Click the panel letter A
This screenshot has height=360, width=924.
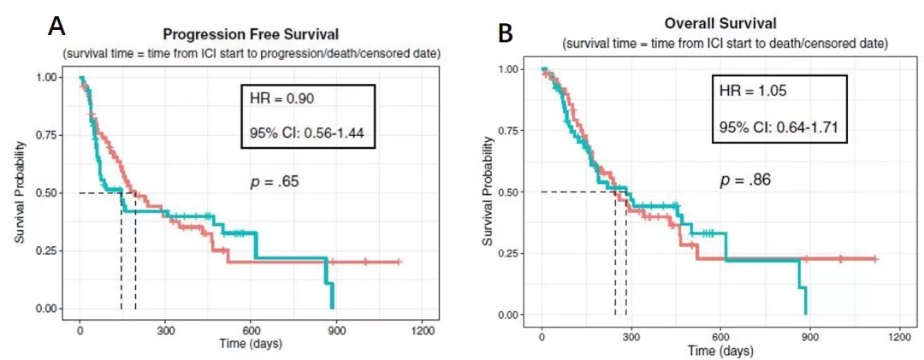pos(56,26)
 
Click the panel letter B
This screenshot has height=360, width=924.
pos(506,33)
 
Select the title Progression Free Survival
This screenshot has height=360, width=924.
pos(251,35)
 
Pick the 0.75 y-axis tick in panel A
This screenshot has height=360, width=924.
pos(47,135)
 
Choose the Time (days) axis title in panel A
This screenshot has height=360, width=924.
pos(250,345)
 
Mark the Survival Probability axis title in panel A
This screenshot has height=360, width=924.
pos(19,192)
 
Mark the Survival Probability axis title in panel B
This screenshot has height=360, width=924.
pos(487,193)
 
